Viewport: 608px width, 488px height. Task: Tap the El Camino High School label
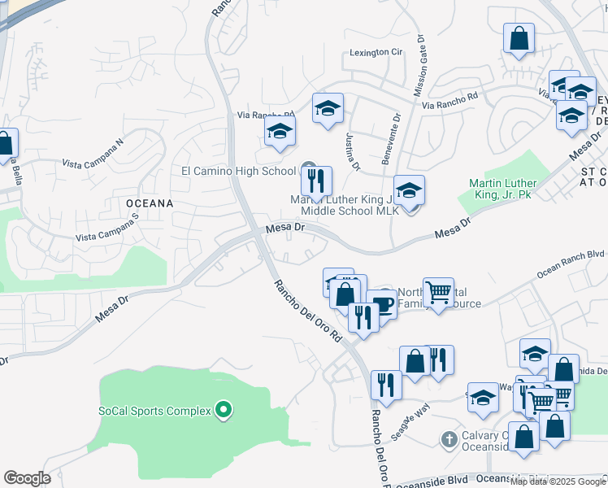(x=238, y=171)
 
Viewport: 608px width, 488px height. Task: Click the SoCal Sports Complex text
(x=155, y=411)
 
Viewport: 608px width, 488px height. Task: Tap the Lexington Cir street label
(x=376, y=52)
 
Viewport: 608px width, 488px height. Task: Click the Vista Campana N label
(x=93, y=153)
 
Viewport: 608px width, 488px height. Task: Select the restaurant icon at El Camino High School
(x=316, y=181)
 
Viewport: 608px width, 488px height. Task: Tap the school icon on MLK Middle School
(x=410, y=190)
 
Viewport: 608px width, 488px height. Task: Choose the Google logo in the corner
(x=27, y=478)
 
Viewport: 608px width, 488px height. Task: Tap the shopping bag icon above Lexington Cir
(x=518, y=38)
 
